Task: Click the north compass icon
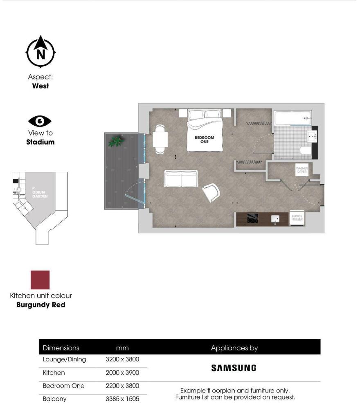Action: click(40, 52)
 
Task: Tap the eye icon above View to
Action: click(40, 121)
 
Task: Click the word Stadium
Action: click(40, 142)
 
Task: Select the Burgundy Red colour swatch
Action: click(40, 280)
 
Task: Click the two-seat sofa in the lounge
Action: click(181, 179)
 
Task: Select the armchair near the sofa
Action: click(211, 192)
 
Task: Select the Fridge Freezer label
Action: click(297, 217)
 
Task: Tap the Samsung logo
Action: click(234, 368)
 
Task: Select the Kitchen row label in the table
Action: click(54, 373)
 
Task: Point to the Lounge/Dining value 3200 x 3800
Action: click(122, 360)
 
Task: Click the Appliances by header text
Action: click(234, 348)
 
